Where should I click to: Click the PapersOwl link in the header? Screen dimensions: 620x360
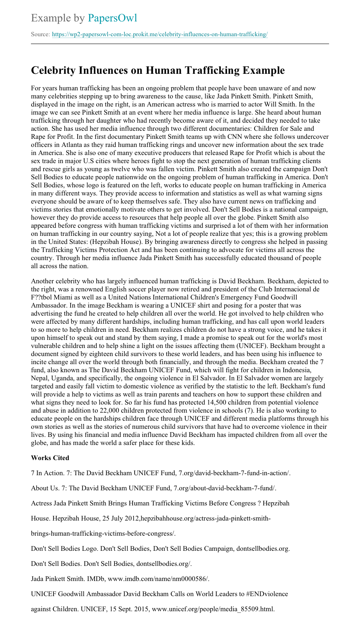pos(112,18)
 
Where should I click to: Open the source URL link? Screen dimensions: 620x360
pos(160,34)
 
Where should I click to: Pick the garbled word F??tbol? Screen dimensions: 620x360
pos(43,297)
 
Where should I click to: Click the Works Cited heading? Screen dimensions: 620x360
pos(50,458)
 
